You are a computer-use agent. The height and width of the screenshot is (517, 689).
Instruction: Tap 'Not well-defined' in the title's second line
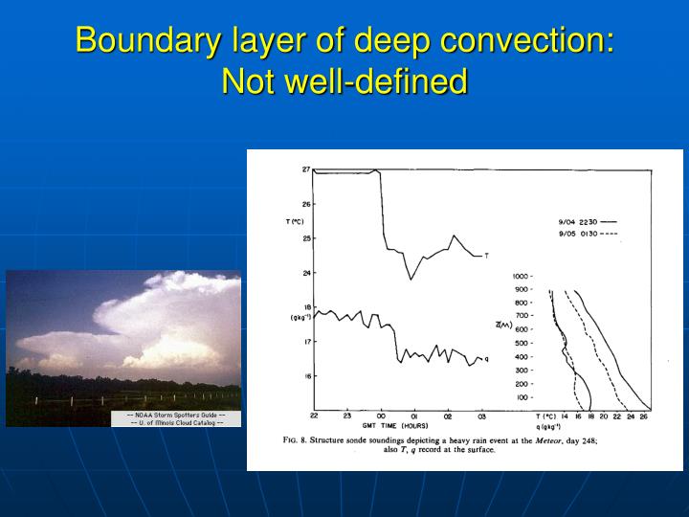pos(344,81)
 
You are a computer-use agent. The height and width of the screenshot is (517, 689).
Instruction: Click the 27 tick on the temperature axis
pos(306,169)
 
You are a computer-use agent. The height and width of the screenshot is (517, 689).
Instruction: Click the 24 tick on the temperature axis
pos(306,273)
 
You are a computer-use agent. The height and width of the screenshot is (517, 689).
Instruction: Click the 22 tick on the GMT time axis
pos(314,416)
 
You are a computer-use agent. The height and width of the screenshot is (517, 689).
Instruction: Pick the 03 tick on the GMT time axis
pos(481,416)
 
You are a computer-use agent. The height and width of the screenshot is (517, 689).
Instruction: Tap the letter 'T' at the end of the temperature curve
pos(486,256)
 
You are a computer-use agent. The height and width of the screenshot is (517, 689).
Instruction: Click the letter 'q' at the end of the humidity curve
pos(486,359)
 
